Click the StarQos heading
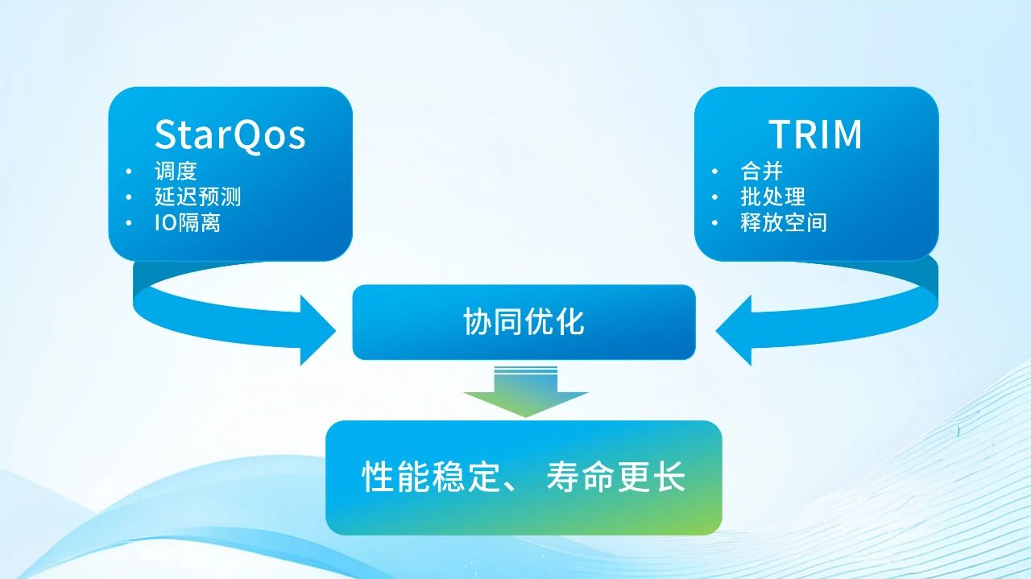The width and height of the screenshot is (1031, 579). pos(230,134)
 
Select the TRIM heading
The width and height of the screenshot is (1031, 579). pos(815,134)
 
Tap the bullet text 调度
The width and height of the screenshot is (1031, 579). pos(176,171)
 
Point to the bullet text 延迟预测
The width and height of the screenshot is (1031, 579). pos(197,196)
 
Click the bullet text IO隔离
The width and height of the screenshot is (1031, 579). pos(187,222)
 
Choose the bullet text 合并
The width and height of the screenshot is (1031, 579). pos(761,171)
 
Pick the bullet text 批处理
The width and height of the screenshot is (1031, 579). pos(772,196)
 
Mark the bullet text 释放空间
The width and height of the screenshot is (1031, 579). pos(783,222)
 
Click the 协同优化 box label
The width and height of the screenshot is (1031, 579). pos(524,322)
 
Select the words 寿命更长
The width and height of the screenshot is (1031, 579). pos(615,477)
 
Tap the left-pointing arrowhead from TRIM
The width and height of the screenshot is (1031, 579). pos(734,330)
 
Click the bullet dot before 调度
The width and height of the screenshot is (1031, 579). pos(129,172)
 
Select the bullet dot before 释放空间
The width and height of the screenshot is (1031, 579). pos(714,223)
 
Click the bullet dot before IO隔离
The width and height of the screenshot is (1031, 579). pos(129,223)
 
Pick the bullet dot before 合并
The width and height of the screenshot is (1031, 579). pos(714,172)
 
